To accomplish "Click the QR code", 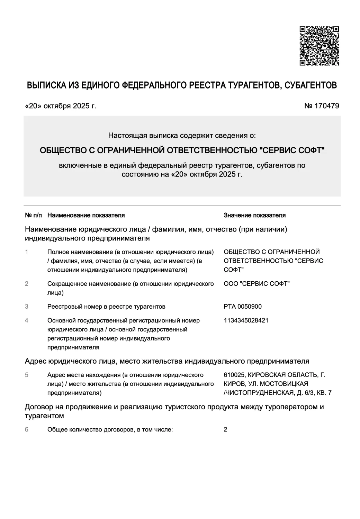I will point(319,46).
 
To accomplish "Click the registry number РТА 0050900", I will point(243,307).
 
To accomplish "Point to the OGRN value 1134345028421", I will point(246,320).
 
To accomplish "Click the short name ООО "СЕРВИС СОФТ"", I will point(257,284).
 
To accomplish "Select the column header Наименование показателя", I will point(86,215).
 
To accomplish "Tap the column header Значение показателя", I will point(254,215).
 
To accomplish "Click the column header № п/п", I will point(33,215).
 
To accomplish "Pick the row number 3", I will point(27,307).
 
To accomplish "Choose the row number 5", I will point(27,375).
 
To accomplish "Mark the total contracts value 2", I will point(226,430).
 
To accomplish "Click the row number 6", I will point(27,430).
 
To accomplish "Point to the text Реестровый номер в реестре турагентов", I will point(106,307).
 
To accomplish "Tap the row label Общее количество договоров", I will point(91,430).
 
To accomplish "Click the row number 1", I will point(27,252).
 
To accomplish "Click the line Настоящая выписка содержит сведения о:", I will point(182,135).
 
